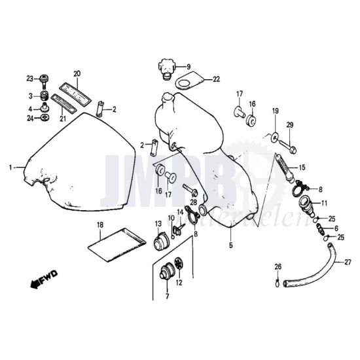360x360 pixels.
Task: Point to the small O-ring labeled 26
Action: (278, 283)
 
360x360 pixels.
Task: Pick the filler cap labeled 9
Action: (165, 67)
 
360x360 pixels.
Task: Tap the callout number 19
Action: (275, 111)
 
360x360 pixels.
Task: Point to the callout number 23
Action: (29, 79)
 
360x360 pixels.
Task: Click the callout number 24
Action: (29, 118)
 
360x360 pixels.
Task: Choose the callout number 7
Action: (167, 297)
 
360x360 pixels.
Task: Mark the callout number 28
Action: (193, 202)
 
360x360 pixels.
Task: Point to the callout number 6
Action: (336, 228)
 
